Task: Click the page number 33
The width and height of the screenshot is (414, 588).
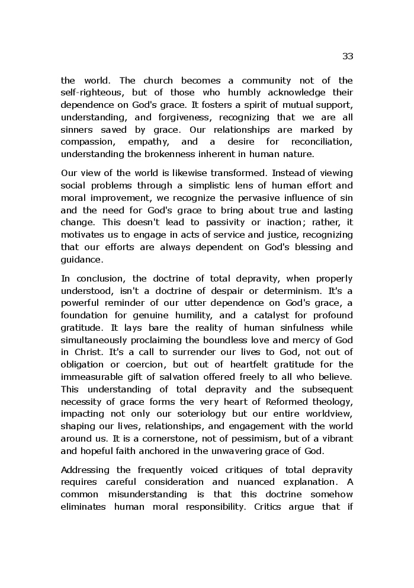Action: pyautogui.click(x=347, y=56)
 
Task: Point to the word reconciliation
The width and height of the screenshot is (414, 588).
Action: pyautogui.click(x=322, y=142)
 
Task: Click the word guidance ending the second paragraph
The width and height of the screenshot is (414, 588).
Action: pyautogui.click(x=81, y=259)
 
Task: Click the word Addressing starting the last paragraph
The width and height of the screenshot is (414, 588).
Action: pyautogui.click(x=84, y=470)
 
